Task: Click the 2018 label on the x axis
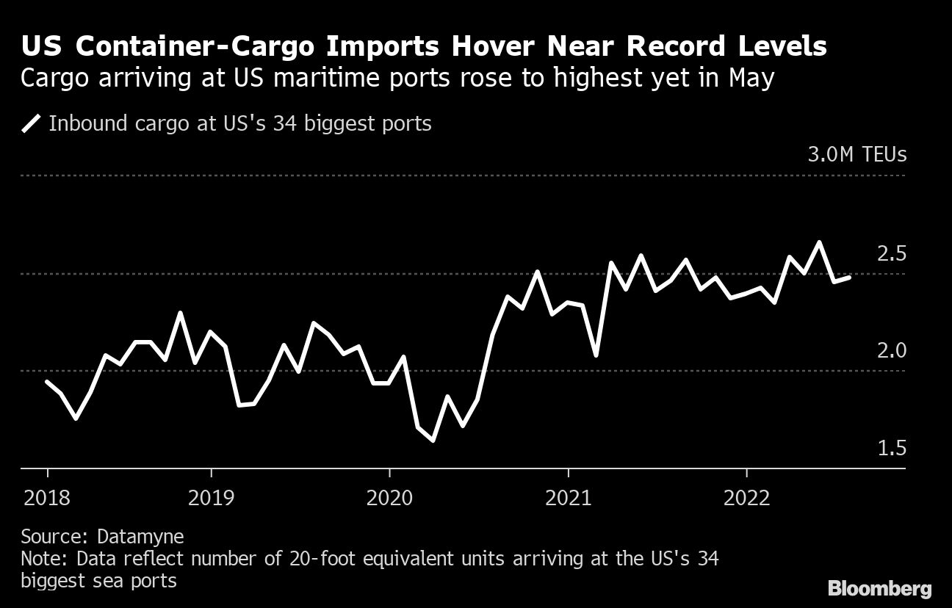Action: pos(48,499)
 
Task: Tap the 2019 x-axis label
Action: pos(212,499)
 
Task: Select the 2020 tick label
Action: pos(390,499)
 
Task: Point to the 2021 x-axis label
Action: pos(569,499)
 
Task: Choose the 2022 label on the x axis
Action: pos(747,499)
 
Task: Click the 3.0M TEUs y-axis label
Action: pos(857,156)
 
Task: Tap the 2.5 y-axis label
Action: pos(892,254)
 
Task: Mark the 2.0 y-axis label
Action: pos(892,351)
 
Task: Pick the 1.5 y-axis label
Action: pos(892,449)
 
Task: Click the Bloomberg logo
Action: pos(879,588)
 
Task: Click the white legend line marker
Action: pos(32,123)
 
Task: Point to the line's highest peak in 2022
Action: pos(819,242)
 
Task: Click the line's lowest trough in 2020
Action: pos(433,441)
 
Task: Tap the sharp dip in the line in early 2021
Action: pos(596,355)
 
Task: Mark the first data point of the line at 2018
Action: pos(48,382)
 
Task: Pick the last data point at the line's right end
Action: pos(849,277)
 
